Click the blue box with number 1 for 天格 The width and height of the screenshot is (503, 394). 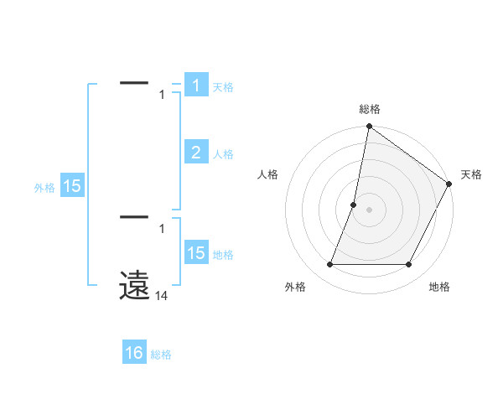pos(195,86)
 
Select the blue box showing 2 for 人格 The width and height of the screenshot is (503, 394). pos(195,153)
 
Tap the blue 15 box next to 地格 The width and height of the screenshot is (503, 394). pos(195,253)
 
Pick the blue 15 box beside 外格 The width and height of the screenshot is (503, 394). pos(72,186)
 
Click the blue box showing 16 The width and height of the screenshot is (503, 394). pos(134,353)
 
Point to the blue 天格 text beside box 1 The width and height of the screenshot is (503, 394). pos(223,86)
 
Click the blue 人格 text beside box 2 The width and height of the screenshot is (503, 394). pos(223,153)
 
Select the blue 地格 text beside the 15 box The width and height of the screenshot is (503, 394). pos(223,254)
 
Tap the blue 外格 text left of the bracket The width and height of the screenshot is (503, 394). pos(44,188)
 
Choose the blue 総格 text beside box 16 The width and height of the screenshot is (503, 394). pos(161,354)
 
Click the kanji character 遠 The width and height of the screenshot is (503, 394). pos(134,285)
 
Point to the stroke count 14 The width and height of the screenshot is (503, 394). pos(162,296)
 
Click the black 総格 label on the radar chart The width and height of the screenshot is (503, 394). pos(369,109)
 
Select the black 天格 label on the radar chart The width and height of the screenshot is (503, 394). pos(471,174)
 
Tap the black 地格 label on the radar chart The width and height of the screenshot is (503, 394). pos(439,287)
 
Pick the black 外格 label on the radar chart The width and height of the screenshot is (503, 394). pos(295,287)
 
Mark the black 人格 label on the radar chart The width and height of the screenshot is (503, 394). pos(268,174)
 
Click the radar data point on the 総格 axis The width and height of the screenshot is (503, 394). pos(369,127)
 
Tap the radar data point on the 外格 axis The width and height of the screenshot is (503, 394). pos(329,265)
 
